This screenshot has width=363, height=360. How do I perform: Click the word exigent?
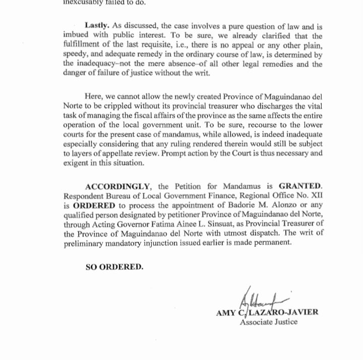(x=77, y=164)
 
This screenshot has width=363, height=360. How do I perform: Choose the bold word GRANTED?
(x=301, y=186)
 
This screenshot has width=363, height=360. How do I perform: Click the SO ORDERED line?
(x=114, y=267)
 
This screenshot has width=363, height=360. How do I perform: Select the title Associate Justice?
(x=269, y=322)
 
